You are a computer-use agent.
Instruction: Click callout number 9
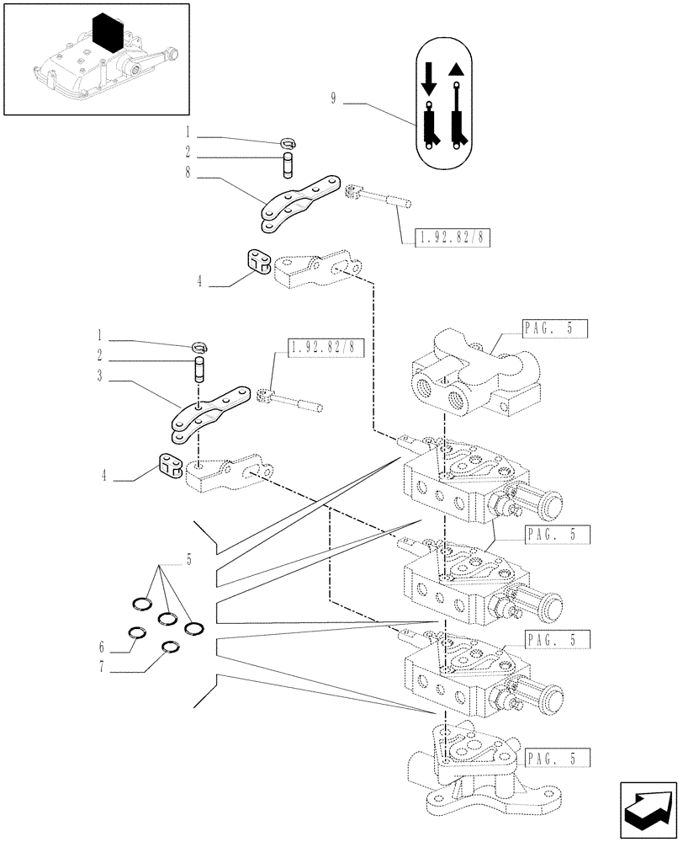point(333,99)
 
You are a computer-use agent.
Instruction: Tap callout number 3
point(99,376)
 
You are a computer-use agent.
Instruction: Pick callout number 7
point(102,671)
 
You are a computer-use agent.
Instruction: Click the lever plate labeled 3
point(210,413)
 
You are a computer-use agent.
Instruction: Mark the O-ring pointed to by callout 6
point(135,634)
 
